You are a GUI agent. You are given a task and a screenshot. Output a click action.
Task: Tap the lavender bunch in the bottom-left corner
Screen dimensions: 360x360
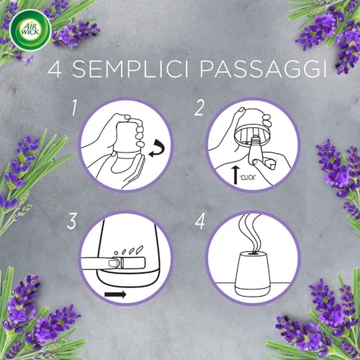point(32,317)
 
